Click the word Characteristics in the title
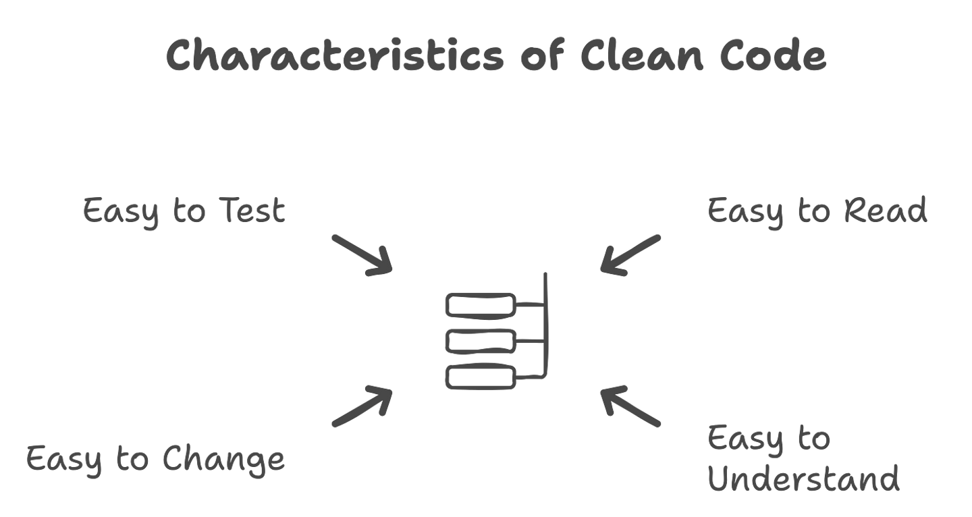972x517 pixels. point(334,55)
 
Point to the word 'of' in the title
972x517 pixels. point(542,55)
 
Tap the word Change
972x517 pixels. point(223,460)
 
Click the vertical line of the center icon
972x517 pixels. point(547,324)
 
